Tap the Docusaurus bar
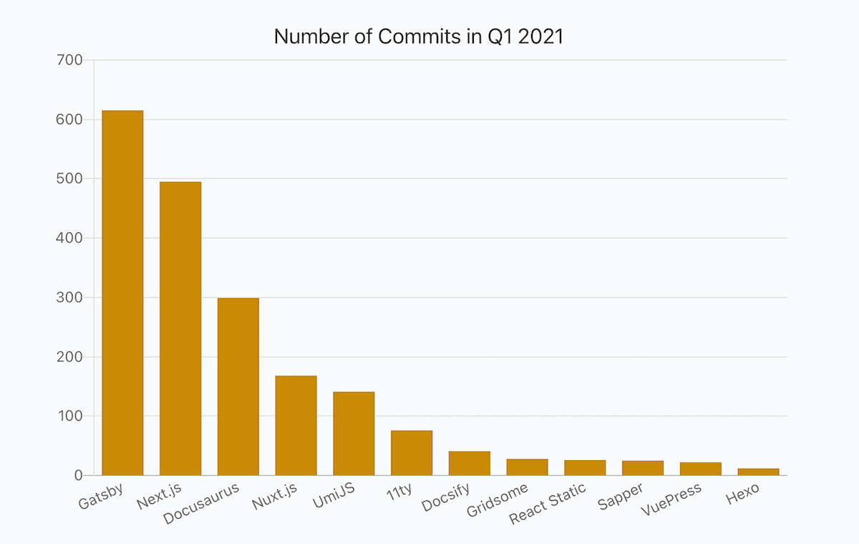(x=238, y=386)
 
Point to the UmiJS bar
(x=354, y=434)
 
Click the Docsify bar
(x=470, y=463)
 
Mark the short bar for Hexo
(x=758, y=472)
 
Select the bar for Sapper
(x=643, y=468)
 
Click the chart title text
(x=419, y=37)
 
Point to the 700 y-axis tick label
(x=69, y=60)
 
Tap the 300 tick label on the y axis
(x=69, y=297)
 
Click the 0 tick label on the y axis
(x=77, y=475)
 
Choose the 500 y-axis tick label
(x=69, y=178)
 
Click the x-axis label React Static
(x=548, y=503)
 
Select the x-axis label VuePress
(x=671, y=500)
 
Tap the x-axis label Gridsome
(x=497, y=500)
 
